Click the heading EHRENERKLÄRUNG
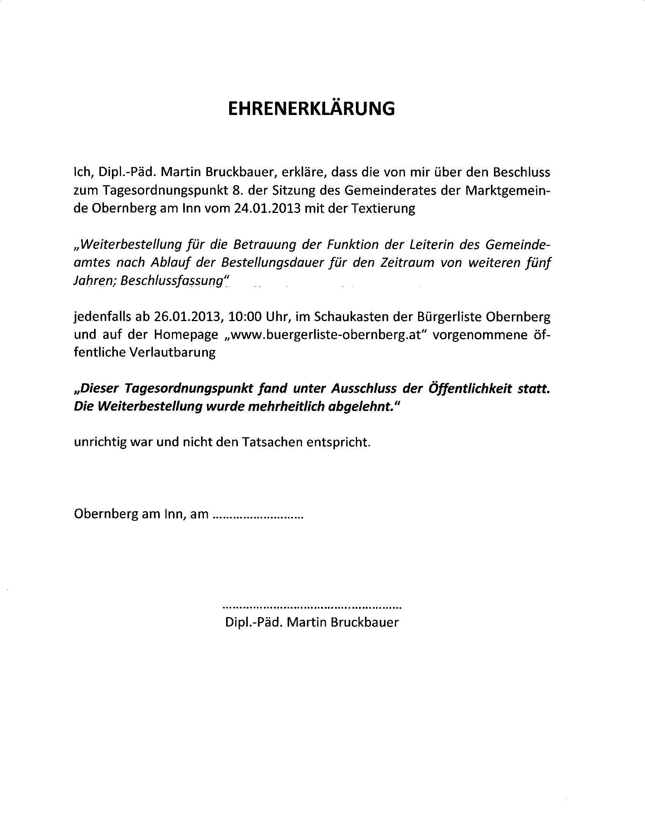coord(311,109)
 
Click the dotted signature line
coord(312,607)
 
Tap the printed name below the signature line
coord(312,622)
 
